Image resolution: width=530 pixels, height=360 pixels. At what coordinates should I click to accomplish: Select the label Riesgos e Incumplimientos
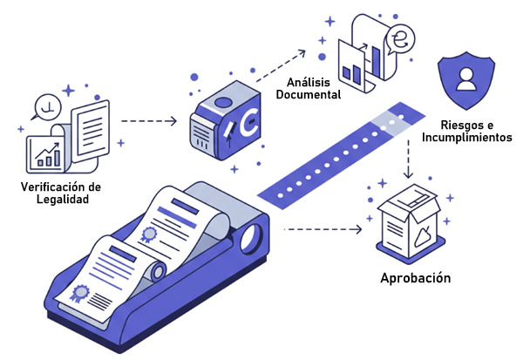tap(465, 131)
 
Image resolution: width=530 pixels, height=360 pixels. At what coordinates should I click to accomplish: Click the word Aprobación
tap(416, 278)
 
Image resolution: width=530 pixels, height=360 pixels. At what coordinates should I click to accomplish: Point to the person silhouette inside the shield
tap(466, 76)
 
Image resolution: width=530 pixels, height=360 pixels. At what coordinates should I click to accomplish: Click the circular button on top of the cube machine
tap(223, 103)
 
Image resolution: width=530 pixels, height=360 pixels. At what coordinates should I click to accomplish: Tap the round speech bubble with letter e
tap(401, 40)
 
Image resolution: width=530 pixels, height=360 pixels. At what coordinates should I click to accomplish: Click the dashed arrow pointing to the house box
tap(323, 230)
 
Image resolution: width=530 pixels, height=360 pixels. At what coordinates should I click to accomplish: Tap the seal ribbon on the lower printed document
tap(85, 294)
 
